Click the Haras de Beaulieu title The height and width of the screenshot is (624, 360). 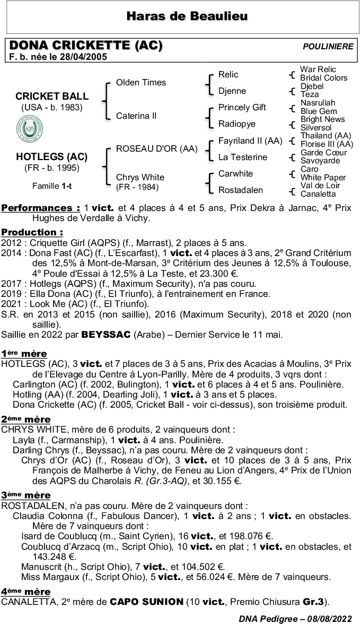click(x=187, y=16)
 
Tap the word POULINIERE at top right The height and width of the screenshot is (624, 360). click(x=328, y=47)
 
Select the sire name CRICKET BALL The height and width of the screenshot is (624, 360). click(x=52, y=96)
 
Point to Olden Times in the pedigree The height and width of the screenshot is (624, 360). click(x=141, y=83)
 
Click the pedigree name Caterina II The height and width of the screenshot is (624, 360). click(x=136, y=116)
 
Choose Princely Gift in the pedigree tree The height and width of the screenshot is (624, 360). click(x=242, y=107)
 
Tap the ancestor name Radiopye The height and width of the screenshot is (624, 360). click(x=236, y=124)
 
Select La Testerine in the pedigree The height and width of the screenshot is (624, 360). click(x=242, y=157)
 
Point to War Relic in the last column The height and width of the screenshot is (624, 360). click(x=318, y=69)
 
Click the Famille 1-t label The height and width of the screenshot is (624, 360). click(x=51, y=186)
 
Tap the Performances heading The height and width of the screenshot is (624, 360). click(x=41, y=208)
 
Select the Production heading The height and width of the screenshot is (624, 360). click(x=32, y=232)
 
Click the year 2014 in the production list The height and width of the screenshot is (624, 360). click(x=11, y=253)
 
